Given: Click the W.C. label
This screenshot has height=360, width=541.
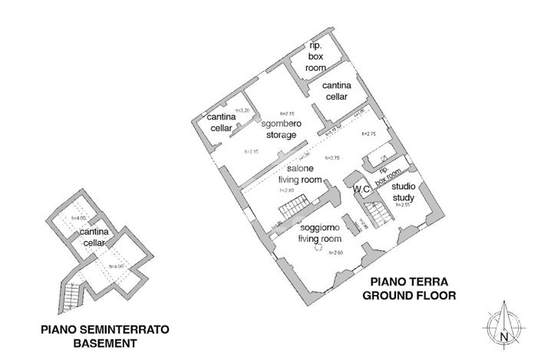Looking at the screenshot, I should click(x=362, y=187).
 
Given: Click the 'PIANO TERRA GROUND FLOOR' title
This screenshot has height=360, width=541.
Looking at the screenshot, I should click(x=410, y=289).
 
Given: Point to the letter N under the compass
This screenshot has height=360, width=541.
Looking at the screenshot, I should click(x=503, y=336).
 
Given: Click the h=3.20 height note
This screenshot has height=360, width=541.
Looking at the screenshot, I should click(x=244, y=111).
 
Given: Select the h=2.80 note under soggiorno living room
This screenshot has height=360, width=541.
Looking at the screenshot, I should click(x=335, y=252).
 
